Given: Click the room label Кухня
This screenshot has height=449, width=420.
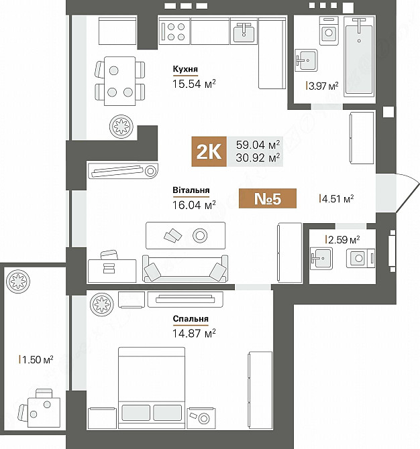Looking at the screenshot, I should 185,68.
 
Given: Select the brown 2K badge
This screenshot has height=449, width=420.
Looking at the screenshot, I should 209,151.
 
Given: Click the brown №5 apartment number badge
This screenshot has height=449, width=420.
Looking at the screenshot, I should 266,199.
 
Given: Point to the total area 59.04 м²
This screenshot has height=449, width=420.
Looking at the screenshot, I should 258,145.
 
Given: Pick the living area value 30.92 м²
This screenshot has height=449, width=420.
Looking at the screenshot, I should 258,158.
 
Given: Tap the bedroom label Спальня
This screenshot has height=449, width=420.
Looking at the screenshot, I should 191,318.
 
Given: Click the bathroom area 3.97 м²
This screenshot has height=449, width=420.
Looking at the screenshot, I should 323,86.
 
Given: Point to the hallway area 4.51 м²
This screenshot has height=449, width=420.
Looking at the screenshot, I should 337,198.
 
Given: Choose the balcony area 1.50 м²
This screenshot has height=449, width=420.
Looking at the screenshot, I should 37,359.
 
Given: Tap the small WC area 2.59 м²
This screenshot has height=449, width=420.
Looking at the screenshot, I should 342,239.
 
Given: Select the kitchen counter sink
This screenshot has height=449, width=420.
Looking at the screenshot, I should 244,31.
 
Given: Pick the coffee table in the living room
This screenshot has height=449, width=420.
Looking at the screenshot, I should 185,235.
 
